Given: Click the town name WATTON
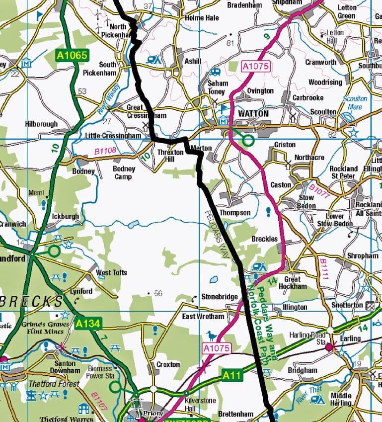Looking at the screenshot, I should coord(253,114).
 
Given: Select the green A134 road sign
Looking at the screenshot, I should coord(88,324).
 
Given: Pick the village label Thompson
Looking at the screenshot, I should coord(235,213).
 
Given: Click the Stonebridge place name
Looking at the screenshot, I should coord(219,297).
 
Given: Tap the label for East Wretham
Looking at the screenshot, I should coord(203,316).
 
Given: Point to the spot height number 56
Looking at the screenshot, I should coord(158,294).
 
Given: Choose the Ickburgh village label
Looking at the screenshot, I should coord(65,217).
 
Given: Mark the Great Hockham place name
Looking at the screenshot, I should coord(292,283).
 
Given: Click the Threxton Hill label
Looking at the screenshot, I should coord(170,156).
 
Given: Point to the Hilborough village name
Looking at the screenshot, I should coord(41,124).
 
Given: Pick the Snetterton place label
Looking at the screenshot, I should coord(347,305).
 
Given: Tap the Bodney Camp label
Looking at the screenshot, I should coord(124,172).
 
